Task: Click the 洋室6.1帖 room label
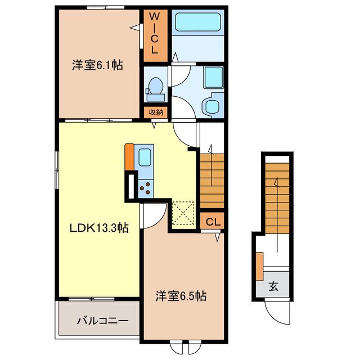coord(97,65)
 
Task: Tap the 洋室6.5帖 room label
coord(181,296)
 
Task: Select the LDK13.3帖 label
coord(99,228)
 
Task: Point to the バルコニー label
coord(102,321)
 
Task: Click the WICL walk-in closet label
coord(155,33)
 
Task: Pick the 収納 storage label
coord(156,112)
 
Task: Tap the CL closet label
coord(213,222)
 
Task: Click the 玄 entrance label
coord(273,286)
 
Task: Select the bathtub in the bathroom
coord(198,22)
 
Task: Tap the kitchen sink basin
coord(145,157)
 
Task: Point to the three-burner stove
coord(146,188)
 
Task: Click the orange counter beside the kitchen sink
coord(129,157)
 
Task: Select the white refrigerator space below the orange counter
coord(131,186)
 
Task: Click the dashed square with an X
coord(183,213)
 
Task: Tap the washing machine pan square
coord(214,78)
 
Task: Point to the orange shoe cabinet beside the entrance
coord(259,266)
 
